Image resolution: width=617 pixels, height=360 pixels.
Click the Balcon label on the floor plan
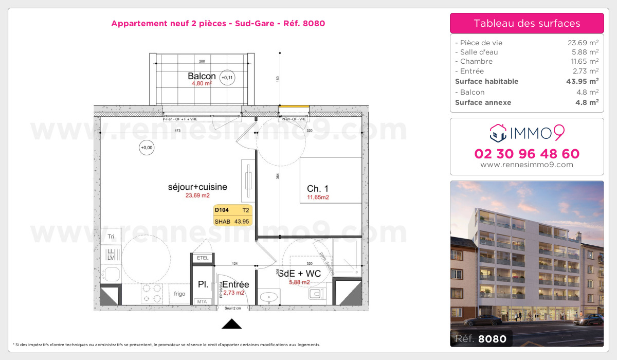click(x=202, y=76)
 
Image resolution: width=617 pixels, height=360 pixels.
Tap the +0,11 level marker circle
click(x=226, y=78)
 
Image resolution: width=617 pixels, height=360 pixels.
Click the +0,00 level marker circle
click(x=147, y=148)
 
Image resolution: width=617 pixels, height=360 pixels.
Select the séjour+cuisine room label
click(x=197, y=187)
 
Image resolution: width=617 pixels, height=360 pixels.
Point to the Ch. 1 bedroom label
click(x=317, y=189)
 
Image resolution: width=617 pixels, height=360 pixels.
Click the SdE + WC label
click(x=299, y=274)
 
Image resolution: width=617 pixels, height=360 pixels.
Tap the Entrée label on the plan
click(x=235, y=284)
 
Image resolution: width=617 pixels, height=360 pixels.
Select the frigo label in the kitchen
click(x=179, y=294)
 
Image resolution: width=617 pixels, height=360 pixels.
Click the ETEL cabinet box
click(x=203, y=258)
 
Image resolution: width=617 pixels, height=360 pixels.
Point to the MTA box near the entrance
click(x=202, y=302)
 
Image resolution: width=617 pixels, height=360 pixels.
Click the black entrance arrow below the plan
click(x=231, y=323)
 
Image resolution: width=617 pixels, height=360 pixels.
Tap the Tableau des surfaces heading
click(x=527, y=23)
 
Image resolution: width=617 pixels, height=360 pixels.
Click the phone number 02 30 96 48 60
click(x=527, y=154)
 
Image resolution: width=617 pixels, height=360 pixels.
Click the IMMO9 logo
click(x=527, y=133)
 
